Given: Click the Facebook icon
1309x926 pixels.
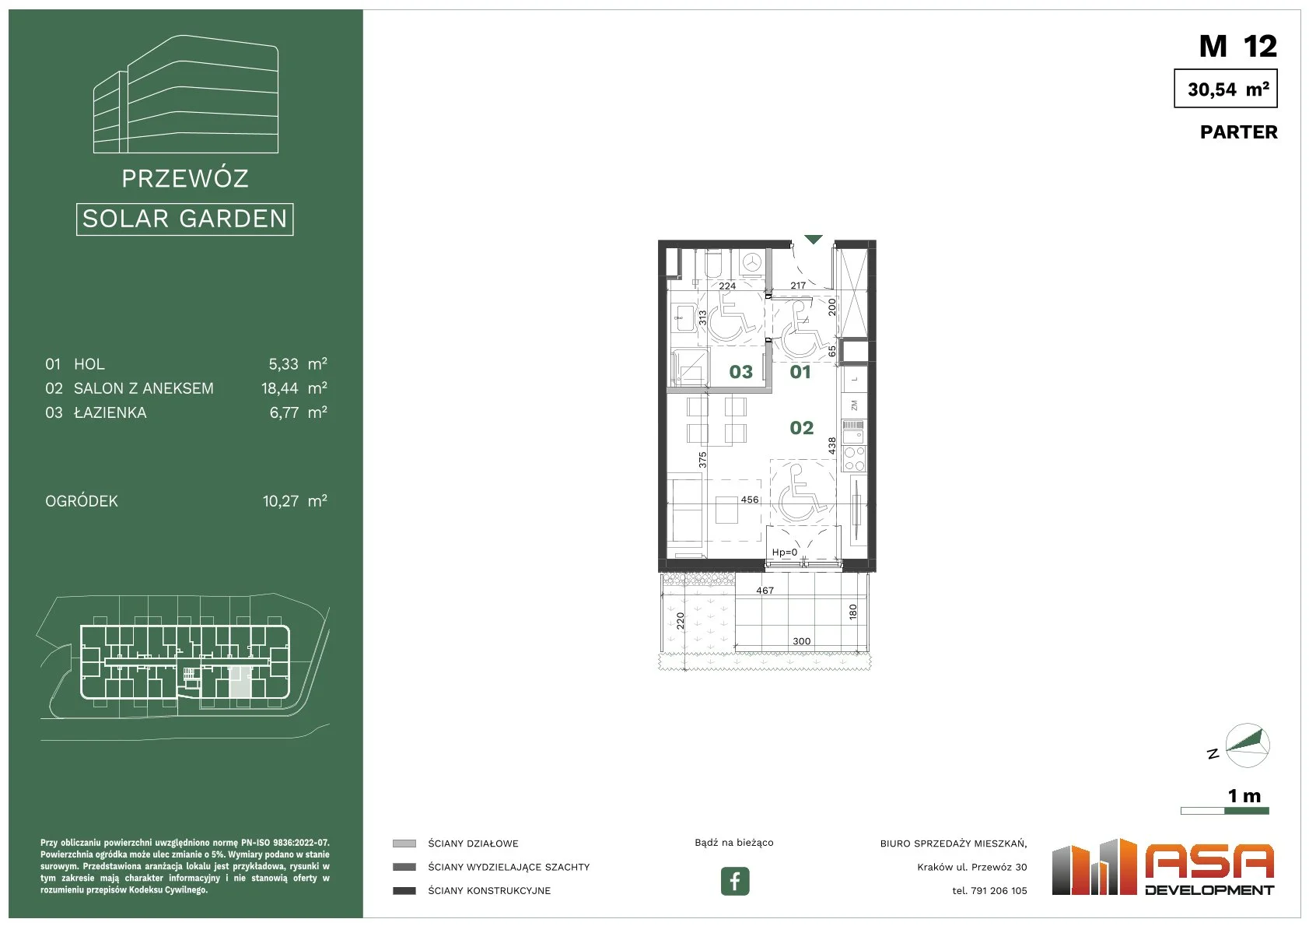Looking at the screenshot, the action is [734, 881].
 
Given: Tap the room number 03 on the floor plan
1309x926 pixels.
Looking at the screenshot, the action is [741, 372].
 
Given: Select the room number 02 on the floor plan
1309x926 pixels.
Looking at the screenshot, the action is [801, 428].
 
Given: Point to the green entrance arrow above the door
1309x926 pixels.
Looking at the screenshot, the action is [814, 239].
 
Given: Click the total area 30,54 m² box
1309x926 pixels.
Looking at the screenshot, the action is [1226, 88].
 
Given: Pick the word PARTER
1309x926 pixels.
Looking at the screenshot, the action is [1238, 132].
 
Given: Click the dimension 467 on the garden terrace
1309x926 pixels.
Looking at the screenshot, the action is [765, 591].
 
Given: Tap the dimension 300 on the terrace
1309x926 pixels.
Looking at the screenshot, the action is [801, 641].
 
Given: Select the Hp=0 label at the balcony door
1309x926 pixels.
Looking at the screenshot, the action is [784, 552].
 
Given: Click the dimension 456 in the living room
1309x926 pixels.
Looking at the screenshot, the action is [750, 500].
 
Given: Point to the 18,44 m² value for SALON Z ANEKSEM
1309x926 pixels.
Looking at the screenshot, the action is [294, 388].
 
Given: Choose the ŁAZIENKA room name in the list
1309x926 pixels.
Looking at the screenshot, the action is [110, 412].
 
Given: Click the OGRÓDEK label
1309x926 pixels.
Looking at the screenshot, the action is [81, 501].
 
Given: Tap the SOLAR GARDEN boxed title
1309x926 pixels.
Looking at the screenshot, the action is [184, 219].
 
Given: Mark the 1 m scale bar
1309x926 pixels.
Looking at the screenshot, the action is [1224, 811].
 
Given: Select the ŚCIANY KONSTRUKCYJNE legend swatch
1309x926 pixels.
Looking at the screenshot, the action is [404, 891].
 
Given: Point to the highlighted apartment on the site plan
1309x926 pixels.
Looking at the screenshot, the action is [239, 682].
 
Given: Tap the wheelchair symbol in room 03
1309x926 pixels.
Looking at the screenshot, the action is [731, 318].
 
